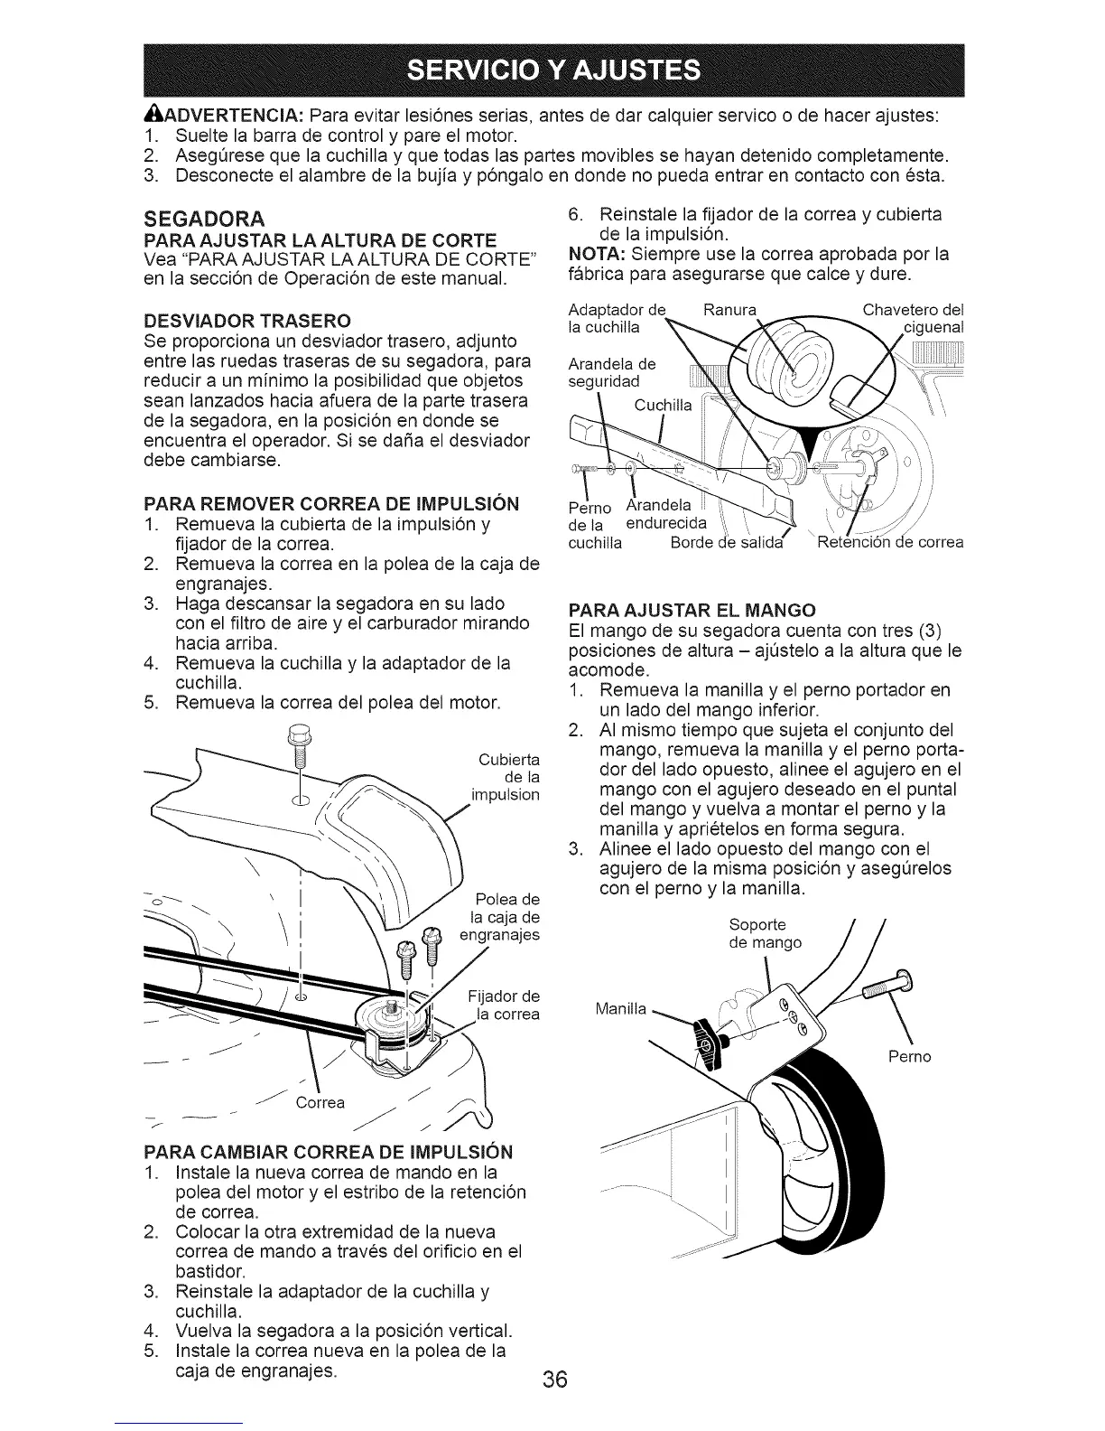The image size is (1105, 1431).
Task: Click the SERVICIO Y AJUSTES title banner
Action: (553, 69)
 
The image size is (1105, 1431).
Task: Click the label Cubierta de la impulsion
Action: (506, 776)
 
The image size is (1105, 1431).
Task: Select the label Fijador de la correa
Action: (505, 1005)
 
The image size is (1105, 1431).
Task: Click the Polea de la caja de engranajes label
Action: (501, 916)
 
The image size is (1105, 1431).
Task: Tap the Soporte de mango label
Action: (765, 933)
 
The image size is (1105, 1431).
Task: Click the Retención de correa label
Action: (890, 543)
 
